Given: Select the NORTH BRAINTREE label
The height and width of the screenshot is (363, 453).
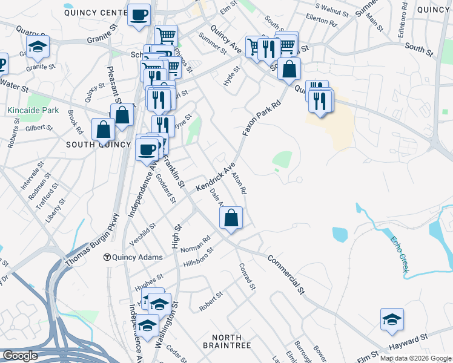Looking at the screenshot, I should pos(227,341).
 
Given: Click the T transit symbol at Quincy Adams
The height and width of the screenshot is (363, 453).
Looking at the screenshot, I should pos(107,257).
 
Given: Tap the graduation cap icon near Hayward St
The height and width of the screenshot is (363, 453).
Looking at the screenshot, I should pos(392,319).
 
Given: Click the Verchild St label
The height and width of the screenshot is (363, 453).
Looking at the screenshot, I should pos(142,233).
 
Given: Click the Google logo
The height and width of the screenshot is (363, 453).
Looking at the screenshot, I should pos(20,356).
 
